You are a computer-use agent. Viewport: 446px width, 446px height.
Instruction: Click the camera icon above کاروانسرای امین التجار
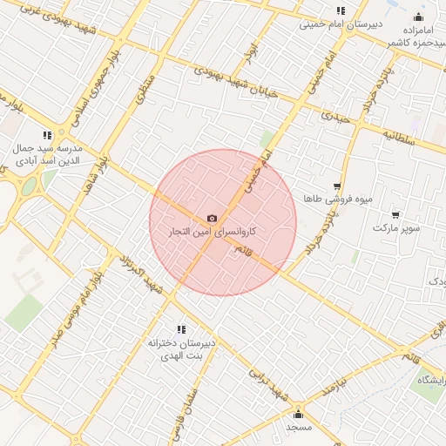pos(213,218)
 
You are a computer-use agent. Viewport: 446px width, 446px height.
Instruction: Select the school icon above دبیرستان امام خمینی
pos(341,10)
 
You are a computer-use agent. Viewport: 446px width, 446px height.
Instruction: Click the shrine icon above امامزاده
pos(418,17)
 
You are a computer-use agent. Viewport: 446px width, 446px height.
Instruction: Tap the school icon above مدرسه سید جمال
pos(46,135)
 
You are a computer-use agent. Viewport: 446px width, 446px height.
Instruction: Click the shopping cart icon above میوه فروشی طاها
pos(337,186)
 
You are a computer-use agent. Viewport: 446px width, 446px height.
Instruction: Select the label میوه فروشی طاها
pos(338,199)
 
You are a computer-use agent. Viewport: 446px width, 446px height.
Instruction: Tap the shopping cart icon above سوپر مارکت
pos(396,214)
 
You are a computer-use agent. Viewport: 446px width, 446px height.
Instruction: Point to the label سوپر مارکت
pos(397,227)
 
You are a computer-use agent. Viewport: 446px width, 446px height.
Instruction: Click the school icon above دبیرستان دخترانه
pos(181,328)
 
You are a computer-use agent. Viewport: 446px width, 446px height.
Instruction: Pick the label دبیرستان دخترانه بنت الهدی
pos(181,349)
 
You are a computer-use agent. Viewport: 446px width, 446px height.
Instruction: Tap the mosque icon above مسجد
pos(299,414)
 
